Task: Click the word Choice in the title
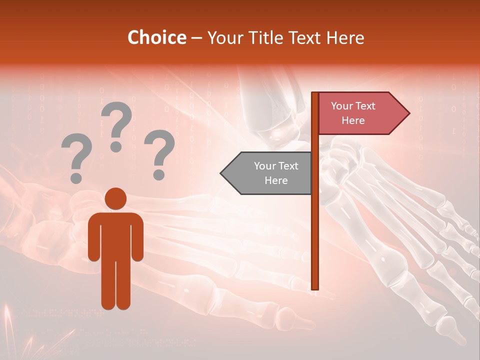pyautogui.click(x=156, y=38)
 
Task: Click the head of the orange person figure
pyautogui.click(x=115, y=198)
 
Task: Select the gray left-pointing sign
pyautogui.click(x=267, y=173)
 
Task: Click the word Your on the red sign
pyautogui.click(x=342, y=106)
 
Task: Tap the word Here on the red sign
pyautogui.click(x=353, y=120)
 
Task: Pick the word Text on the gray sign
pyautogui.click(x=288, y=166)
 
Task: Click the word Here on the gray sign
pyautogui.click(x=276, y=180)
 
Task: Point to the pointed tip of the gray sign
pyautogui.click(x=222, y=173)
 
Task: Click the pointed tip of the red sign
pyautogui.click(x=408, y=113)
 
